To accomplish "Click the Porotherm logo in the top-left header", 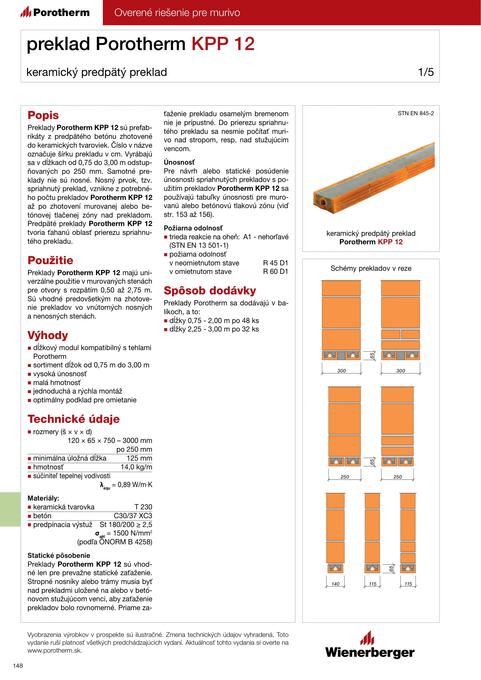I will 55,13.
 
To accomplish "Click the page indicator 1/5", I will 426,72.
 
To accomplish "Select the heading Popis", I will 43,115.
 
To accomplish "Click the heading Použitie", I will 50,260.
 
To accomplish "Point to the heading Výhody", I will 48,335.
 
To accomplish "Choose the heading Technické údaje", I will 73,419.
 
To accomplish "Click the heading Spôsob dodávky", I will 210,291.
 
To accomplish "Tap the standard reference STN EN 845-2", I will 415,113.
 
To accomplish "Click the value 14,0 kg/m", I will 136,467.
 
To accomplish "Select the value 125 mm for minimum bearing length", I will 139,458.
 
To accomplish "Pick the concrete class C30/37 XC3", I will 133,516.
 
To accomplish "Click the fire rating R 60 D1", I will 275,272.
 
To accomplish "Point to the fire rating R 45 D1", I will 275,263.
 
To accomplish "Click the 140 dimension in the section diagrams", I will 335,584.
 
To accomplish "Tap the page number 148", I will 18,666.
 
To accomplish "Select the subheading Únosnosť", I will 179,162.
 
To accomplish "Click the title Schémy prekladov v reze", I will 371,269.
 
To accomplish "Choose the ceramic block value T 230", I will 143,507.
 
